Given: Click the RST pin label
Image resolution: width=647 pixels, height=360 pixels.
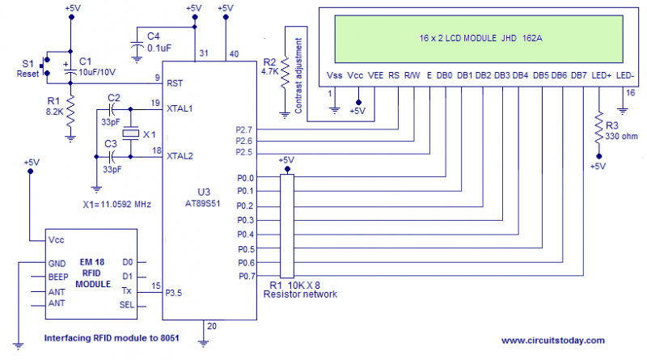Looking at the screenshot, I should click(174, 83).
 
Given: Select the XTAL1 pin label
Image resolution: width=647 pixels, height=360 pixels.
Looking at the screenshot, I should click(181, 107).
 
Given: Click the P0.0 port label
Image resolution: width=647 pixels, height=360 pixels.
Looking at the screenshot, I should click(245, 178).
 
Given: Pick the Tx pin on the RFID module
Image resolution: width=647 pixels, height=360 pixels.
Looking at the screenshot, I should click(127, 290).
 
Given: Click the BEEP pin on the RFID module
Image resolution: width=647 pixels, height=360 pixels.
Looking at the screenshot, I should click(58, 276).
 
